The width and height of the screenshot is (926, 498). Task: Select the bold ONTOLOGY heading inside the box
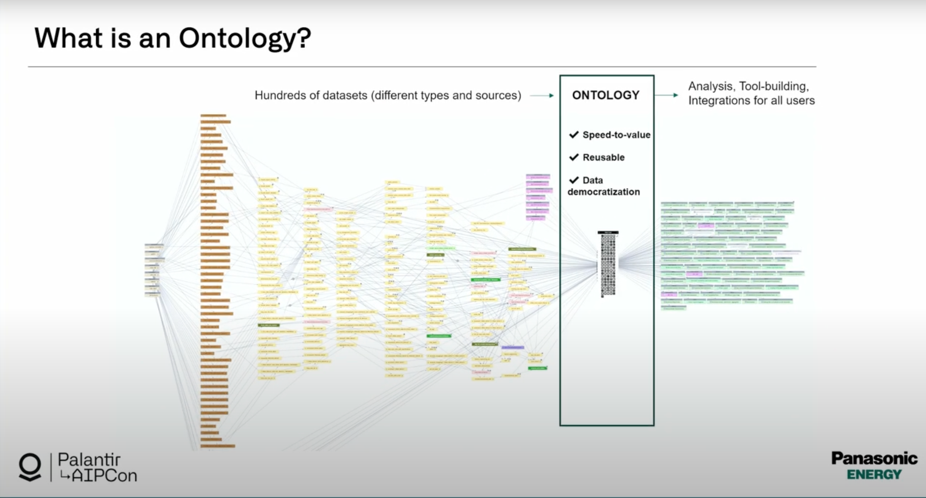pyautogui.click(x=606, y=95)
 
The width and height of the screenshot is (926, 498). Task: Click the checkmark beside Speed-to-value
pyautogui.click(x=574, y=135)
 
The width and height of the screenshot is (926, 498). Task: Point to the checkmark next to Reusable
pyautogui.click(x=574, y=157)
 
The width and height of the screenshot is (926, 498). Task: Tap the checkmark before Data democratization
pyautogui.click(x=574, y=180)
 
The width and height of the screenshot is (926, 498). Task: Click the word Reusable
pyautogui.click(x=604, y=157)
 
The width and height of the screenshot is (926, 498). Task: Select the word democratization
pyautogui.click(x=604, y=192)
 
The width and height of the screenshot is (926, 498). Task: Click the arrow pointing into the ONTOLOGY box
pyautogui.click(x=542, y=96)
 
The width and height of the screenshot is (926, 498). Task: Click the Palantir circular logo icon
pyautogui.click(x=30, y=467)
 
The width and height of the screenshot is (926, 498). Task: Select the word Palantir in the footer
pyautogui.click(x=89, y=460)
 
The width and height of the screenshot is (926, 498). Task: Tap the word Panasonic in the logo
pyautogui.click(x=874, y=459)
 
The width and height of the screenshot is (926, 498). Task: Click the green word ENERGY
pyautogui.click(x=874, y=475)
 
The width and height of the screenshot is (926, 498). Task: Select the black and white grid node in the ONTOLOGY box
pyautogui.click(x=608, y=264)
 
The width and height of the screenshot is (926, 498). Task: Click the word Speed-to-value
pyautogui.click(x=616, y=135)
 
